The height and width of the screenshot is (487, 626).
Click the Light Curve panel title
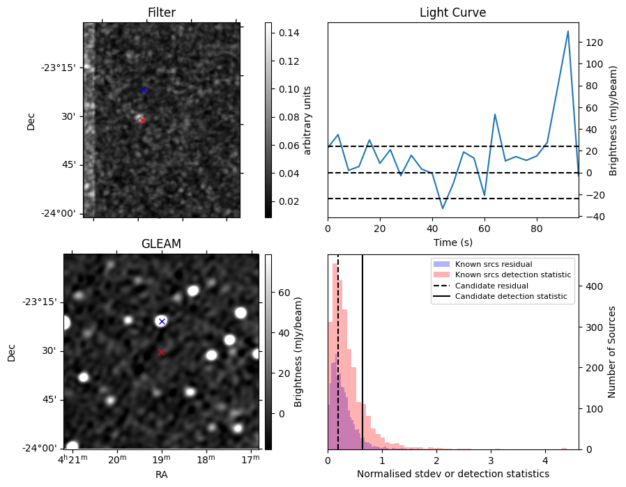452,13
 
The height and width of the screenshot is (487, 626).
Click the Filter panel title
162,13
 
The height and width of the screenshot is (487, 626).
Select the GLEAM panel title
161,244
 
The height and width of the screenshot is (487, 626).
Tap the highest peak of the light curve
568,31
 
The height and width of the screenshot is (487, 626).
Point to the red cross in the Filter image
142,120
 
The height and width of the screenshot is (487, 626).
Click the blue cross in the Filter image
144,90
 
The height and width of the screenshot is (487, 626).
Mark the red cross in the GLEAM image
161,352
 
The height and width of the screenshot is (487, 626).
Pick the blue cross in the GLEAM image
162,321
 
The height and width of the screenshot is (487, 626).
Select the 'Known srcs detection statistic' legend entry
512,275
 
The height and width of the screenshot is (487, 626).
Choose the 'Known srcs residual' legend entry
493,264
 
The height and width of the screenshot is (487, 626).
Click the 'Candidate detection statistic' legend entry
510,297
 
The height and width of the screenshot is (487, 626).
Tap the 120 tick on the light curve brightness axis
594,42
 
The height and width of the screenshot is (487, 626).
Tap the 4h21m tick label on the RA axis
72,459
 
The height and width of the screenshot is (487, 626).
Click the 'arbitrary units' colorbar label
307,120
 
